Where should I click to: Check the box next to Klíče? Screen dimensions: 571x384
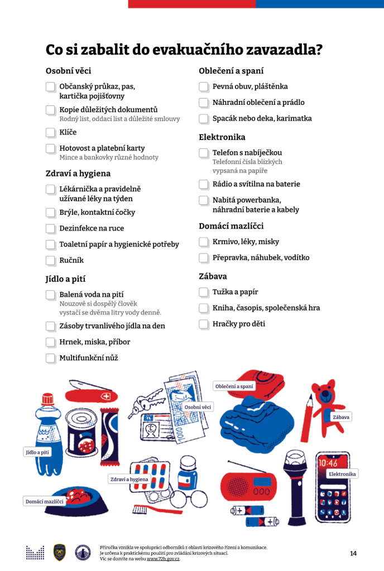click(x=51, y=133)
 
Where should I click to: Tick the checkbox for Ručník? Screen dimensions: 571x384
click(x=51, y=260)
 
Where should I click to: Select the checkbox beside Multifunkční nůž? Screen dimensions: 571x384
click(x=51, y=358)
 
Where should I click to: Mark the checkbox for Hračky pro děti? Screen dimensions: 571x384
click(x=204, y=324)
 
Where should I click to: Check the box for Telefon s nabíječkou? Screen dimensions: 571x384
click(x=204, y=153)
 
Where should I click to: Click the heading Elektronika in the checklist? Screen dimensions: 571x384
click(x=222, y=137)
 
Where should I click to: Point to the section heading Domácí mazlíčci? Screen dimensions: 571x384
click(x=231, y=226)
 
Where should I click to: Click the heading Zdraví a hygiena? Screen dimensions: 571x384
click(x=78, y=173)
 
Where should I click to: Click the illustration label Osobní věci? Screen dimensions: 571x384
click(x=198, y=407)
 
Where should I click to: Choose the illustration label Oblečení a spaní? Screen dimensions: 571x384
click(x=234, y=386)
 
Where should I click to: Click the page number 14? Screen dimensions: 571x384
click(x=353, y=553)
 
